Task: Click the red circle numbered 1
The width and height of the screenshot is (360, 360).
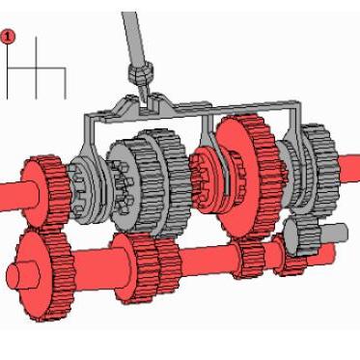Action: (8, 37)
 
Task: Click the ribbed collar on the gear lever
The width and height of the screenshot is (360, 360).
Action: (140, 72)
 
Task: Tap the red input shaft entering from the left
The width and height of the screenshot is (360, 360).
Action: (15, 196)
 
